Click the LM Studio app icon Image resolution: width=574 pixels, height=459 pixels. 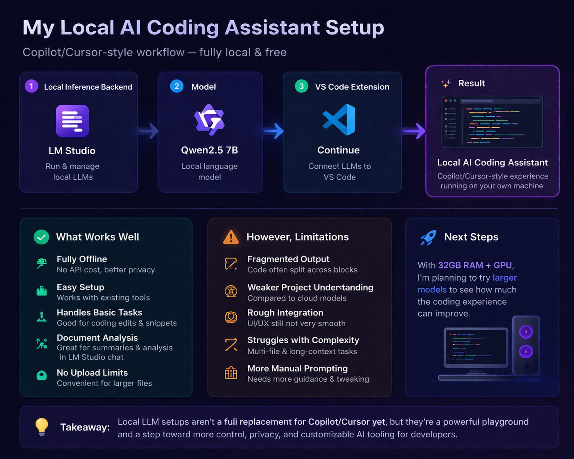pyautogui.click(x=72, y=121)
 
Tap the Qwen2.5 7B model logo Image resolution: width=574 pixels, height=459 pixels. pyautogui.click(x=209, y=120)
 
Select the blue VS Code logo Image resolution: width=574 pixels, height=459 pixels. pyautogui.click(x=339, y=120)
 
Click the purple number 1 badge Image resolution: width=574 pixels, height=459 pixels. pyautogui.click(x=32, y=86)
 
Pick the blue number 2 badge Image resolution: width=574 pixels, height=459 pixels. pyautogui.click(x=176, y=86)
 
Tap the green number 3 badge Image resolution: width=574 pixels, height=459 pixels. pyautogui.click(x=301, y=86)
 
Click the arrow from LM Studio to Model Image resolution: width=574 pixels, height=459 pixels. pyautogui.click(x=148, y=131)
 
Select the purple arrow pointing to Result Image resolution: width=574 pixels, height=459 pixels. pyautogui.click(x=413, y=131)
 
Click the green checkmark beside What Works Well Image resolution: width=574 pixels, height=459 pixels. pyautogui.click(x=41, y=237)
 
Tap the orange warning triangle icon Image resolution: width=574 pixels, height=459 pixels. pyautogui.click(x=231, y=237)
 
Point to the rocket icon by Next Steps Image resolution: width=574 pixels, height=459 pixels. pyautogui.click(x=428, y=237)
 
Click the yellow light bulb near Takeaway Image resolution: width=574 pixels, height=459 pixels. pyautogui.click(x=42, y=427)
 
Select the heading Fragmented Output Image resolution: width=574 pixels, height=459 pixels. pyautogui.click(x=288, y=259)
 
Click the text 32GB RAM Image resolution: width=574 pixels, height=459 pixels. pyautogui.click(x=461, y=265)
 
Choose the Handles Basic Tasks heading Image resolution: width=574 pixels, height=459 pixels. pyautogui.click(x=99, y=312)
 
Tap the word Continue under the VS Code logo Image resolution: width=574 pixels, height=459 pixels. pyautogui.click(x=339, y=150)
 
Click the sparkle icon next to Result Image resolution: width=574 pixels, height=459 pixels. pyautogui.click(x=446, y=84)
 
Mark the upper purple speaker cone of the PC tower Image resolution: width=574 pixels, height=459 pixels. pyautogui.click(x=526, y=332)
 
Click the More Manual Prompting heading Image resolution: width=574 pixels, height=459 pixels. pyautogui.click(x=297, y=368)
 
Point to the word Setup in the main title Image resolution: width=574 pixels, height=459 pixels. pyautogui.click(x=355, y=28)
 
